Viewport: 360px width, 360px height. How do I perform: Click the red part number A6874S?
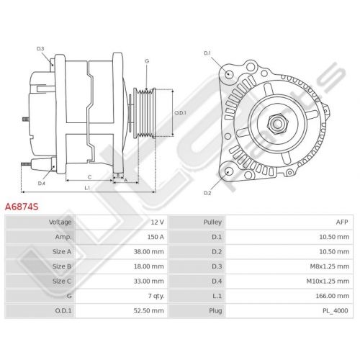(x=22, y=207)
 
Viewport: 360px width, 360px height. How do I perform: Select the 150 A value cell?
(x=156, y=237)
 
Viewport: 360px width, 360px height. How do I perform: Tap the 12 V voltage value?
(x=157, y=222)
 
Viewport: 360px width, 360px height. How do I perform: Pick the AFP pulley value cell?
(x=342, y=222)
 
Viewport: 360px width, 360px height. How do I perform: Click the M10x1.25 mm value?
(x=328, y=281)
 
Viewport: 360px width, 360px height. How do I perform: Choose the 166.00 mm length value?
(x=333, y=296)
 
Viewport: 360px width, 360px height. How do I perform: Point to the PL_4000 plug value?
(x=335, y=311)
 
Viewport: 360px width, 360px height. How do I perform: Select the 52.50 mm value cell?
(x=149, y=311)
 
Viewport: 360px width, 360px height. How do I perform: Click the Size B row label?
(x=62, y=266)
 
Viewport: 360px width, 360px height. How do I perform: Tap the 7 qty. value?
(x=156, y=296)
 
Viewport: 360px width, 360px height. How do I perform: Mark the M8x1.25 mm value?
(x=330, y=266)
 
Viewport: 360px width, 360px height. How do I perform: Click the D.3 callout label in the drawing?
(x=40, y=49)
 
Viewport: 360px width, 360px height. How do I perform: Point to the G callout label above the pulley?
(x=147, y=61)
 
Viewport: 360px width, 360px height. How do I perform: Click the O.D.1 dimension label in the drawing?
(x=180, y=112)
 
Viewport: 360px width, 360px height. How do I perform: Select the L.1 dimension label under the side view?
(x=87, y=188)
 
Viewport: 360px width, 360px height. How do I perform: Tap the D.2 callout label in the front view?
(x=207, y=193)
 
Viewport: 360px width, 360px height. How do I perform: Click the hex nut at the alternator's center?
(x=277, y=124)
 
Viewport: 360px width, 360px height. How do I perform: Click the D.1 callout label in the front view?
(x=207, y=53)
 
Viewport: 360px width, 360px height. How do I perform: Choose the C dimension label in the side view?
(x=89, y=177)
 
